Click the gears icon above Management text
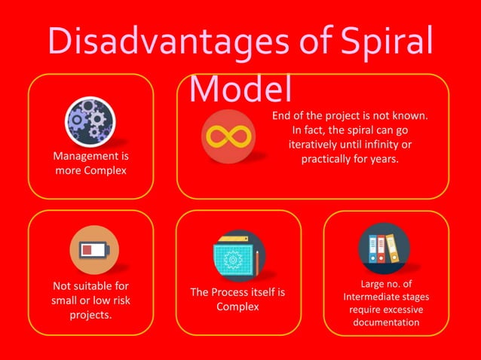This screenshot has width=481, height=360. click(x=90, y=121)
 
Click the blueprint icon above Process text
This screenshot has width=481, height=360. click(x=235, y=256)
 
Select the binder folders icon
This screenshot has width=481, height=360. click(x=384, y=248)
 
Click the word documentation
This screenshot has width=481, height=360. click(x=386, y=322)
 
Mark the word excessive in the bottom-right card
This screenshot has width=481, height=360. click(x=401, y=310)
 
